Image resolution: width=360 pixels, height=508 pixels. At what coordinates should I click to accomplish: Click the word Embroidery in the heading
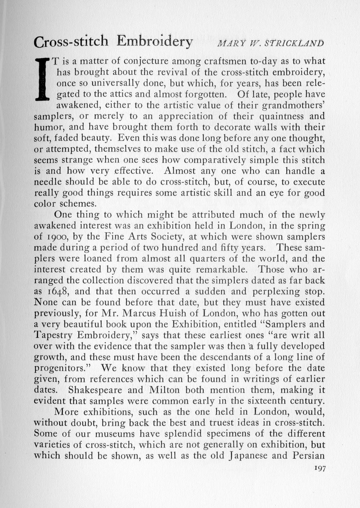pos(155,42)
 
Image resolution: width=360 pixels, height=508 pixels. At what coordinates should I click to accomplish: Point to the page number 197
pos(319,468)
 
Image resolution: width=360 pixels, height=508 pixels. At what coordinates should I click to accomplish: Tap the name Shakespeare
pos(95,390)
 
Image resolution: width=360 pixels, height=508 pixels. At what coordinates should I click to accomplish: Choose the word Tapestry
pos(53,335)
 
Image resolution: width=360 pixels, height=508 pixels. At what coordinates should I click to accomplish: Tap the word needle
pos(48,182)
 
